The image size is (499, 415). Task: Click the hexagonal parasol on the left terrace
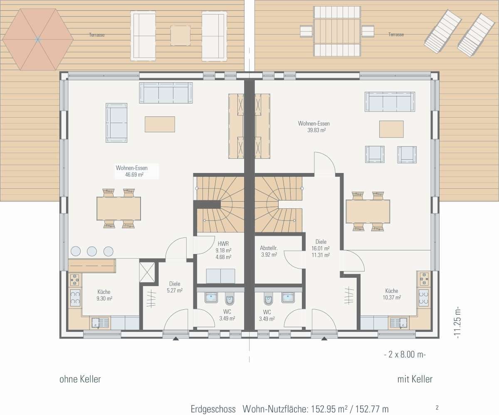click(x=38, y=40)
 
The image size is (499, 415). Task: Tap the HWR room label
click(x=223, y=244)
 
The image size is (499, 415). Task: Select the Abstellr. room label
click(x=269, y=248)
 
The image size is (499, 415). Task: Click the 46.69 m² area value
click(x=134, y=175)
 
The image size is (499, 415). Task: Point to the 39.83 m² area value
click(x=316, y=130)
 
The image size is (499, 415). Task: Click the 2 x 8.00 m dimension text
click(x=405, y=354)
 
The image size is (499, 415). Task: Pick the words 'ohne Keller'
click(x=80, y=379)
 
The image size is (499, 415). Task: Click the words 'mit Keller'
click(x=415, y=379)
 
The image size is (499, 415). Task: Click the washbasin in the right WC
click(x=288, y=297)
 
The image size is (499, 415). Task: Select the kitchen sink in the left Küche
click(x=100, y=323)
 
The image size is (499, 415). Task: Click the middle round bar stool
click(x=92, y=251)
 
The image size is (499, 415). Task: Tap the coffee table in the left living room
click(x=160, y=124)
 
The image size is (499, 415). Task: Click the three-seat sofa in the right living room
click(x=390, y=101)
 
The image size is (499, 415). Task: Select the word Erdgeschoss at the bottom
click(x=213, y=409)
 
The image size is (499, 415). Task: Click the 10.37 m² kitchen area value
click(x=392, y=297)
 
